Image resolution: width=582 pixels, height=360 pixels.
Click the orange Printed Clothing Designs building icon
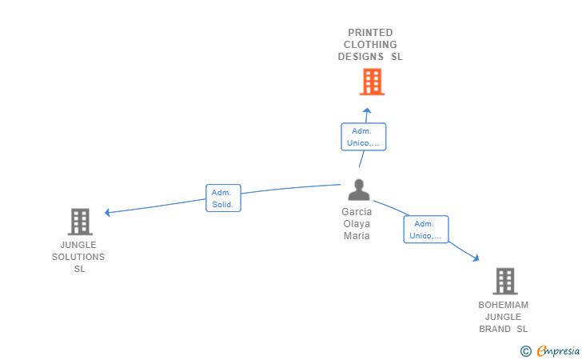pos(372,82)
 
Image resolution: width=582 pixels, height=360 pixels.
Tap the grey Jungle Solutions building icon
pos(80,222)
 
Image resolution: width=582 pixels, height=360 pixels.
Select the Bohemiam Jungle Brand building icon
pos(504,282)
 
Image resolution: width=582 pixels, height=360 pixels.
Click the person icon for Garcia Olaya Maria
pos(359,190)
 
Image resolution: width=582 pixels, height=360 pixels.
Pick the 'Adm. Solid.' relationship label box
pos(223,198)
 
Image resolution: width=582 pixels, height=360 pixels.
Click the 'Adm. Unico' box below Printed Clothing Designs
pos(363,137)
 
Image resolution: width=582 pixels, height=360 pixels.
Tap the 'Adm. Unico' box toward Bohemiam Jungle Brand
pos(425,230)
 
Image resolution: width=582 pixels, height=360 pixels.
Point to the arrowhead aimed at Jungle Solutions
pos(108,212)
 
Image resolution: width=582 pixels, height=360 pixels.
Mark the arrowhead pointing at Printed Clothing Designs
pos(366,111)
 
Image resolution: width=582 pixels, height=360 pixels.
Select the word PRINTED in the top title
pos(370,33)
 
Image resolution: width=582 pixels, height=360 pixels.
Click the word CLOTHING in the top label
pos(370,45)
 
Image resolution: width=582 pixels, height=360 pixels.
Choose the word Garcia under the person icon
pos(357,212)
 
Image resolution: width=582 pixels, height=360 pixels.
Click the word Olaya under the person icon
pos(357,224)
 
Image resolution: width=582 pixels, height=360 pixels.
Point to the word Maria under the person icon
pos(357,236)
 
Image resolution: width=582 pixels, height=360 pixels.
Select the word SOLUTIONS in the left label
pos(78,257)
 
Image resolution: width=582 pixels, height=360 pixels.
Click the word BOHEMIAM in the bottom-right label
pos(504,305)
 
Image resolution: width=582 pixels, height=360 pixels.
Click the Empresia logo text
pos(557,350)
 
